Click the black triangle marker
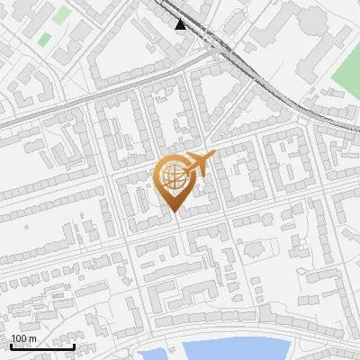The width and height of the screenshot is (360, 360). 182,24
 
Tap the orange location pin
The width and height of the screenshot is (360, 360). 175,181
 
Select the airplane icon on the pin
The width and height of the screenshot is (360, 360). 200,164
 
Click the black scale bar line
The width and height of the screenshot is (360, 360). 42,346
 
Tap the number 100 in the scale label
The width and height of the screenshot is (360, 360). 19,338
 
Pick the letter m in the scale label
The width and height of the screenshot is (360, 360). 32,338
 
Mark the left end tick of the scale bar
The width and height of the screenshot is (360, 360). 11,345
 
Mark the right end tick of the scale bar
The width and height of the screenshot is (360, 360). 74,345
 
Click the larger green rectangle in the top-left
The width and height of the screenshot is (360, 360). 61,15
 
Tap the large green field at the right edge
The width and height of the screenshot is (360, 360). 347,76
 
